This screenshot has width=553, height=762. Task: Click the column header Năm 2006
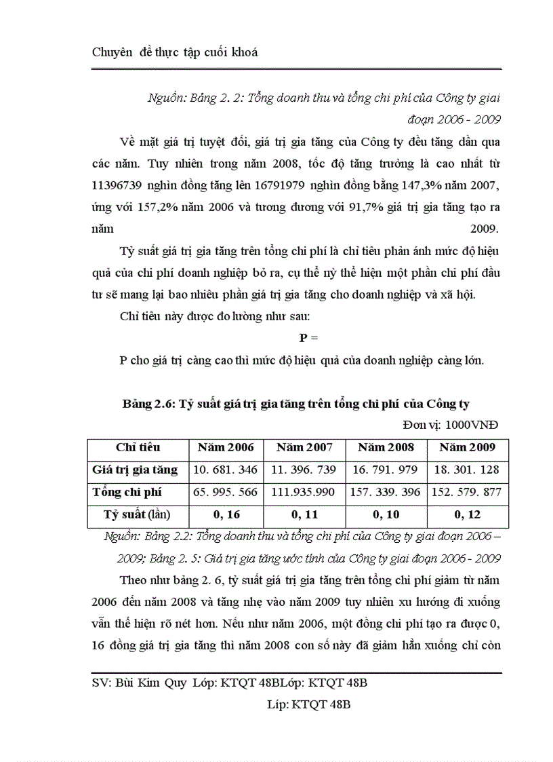226,448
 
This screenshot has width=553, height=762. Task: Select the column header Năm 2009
467,448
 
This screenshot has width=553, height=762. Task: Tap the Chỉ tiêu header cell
138,448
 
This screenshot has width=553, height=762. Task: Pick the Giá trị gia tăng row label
135,470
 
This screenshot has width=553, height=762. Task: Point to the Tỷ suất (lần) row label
138,515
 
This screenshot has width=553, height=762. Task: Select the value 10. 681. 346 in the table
226,470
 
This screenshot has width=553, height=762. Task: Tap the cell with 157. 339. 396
386,492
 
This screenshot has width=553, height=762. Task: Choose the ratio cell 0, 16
226,515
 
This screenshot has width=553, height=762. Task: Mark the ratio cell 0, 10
386,515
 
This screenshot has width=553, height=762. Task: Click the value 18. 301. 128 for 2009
467,470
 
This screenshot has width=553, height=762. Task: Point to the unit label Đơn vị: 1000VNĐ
450,425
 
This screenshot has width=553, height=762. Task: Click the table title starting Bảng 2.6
296,404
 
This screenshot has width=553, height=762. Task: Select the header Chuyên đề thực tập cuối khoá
175,52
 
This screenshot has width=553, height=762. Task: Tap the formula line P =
308,338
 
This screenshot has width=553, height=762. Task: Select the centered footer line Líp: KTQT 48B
308,705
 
